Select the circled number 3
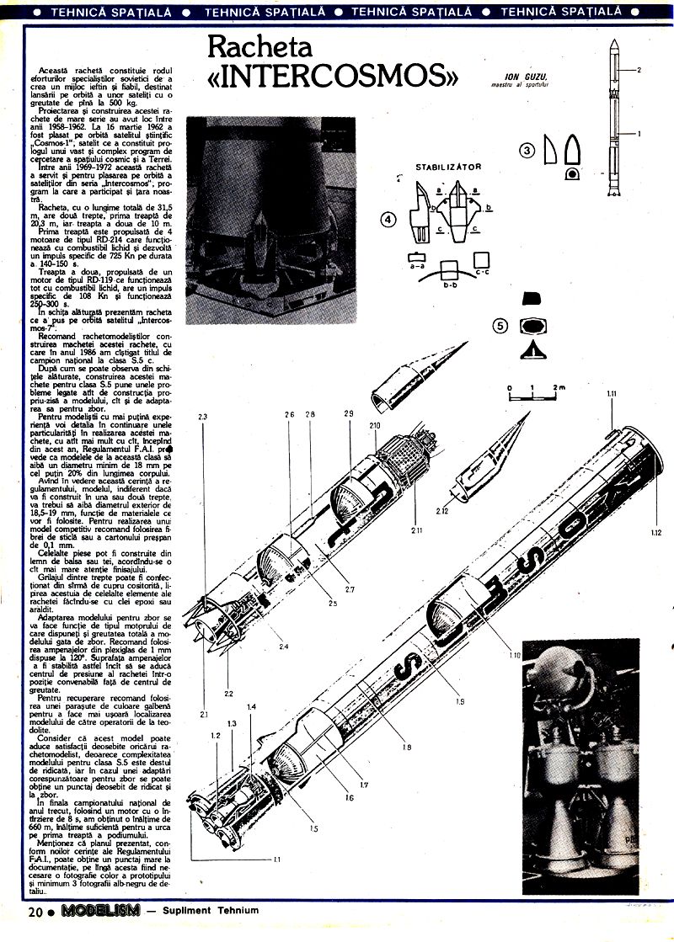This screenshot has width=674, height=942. [x=527, y=151]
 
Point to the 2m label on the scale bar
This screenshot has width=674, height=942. [x=559, y=387]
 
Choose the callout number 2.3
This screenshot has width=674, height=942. [x=203, y=417]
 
